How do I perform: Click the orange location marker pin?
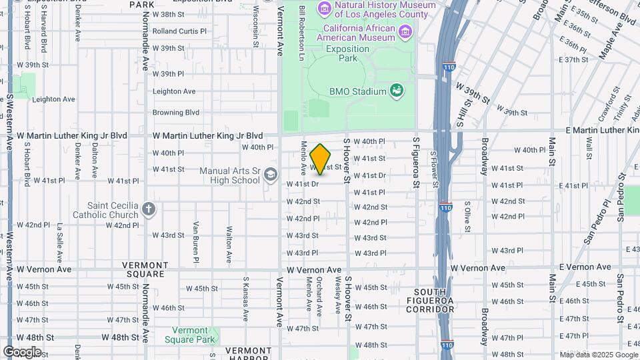[321, 159]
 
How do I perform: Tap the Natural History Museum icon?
[325, 8]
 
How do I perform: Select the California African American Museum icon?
[405, 31]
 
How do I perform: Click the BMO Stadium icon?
[397, 90]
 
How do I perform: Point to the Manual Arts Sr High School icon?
[270, 175]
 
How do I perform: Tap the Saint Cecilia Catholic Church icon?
[147, 209]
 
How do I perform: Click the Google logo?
[22, 351]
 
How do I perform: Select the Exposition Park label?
[343, 54]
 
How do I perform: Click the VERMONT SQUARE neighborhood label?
[144, 269]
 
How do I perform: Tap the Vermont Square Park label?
[194, 335]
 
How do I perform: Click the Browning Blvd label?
[176, 113]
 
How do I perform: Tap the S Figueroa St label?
[415, 162]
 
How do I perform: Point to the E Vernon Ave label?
[585, 267]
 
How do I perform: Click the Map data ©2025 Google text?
[597, 355]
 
